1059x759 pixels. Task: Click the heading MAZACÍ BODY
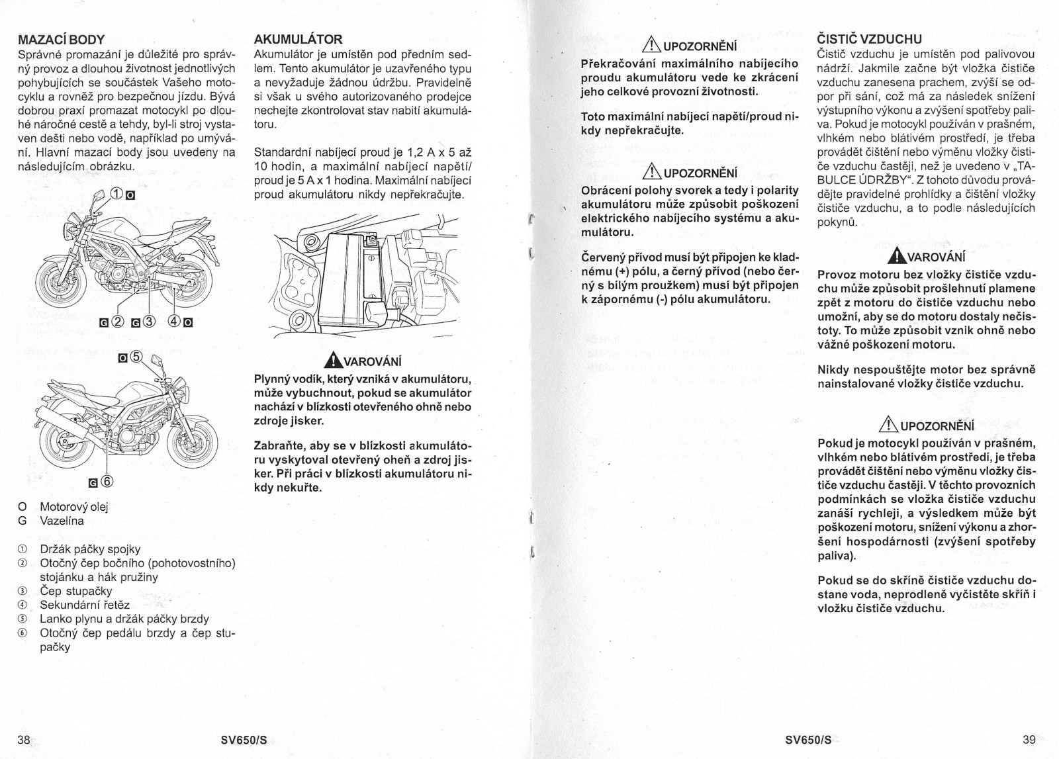point(61,39)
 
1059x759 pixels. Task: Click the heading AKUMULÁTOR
point(299,39)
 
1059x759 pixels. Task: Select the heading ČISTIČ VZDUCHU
point(870,39)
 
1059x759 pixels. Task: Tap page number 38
point(23,740)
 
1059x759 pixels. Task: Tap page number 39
point(1028,740)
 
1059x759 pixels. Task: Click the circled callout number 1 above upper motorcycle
point(116,195)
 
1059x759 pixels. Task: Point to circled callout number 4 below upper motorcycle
point(175,323)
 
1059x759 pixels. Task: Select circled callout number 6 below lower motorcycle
point(107,481)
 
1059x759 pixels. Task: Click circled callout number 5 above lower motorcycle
point(136,357)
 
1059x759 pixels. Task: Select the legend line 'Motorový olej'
point(73,507)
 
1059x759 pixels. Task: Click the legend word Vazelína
point(62,521)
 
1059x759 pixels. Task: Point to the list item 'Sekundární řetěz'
point(85,605)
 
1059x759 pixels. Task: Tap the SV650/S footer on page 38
point(244,740)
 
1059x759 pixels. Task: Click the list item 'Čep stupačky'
point(75,591)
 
